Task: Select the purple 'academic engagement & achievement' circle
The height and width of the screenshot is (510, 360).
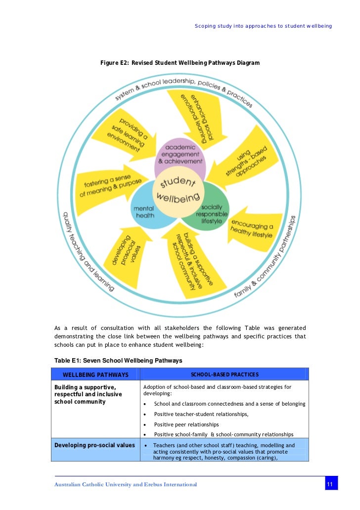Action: click(x=180, y=154)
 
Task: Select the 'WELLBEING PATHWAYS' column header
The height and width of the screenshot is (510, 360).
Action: click(x=95, y=374)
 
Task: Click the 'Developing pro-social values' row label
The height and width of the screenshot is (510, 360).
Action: click(x=94, y=445)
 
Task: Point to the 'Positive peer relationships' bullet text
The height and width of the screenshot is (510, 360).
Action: click(x=186, y=424)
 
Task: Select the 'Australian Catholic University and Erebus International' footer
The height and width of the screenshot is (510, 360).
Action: click(x=126, y=484)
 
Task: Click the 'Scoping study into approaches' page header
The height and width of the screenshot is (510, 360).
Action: click(x=263, y=26)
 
